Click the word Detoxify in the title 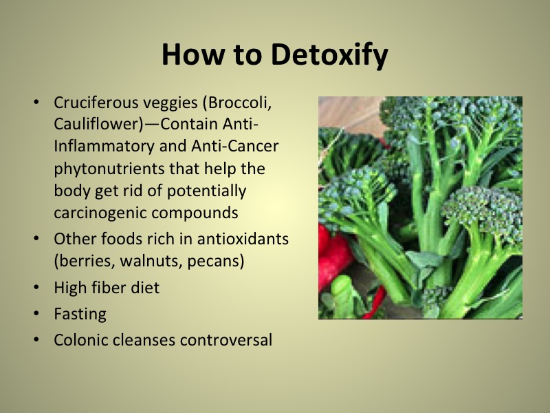pos(329,55)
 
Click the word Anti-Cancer pos(234,146)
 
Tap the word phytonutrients pos(109,169)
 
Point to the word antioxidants pos(243,239)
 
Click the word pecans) pos(215,262)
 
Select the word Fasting pos(80,314)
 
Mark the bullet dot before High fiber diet pos(36,288)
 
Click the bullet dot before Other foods pos(36,239)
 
